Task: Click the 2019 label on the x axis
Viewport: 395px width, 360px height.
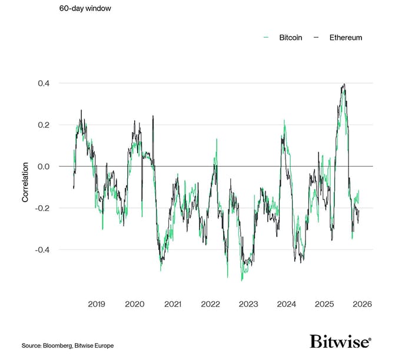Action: (x=97, y=304)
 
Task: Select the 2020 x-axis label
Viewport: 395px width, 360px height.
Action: (x=135, y=304)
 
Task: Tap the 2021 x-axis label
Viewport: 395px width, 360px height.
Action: (x=172, y=304)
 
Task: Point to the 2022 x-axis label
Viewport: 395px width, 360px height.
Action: (x=210, y=304)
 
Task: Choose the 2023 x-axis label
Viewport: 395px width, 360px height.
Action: (x=248, y=304)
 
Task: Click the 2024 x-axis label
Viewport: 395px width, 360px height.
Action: (x=286, y=304)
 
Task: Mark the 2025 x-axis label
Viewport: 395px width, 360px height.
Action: (x=324, y=304)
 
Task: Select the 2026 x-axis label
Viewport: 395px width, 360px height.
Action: (x=362, y=304)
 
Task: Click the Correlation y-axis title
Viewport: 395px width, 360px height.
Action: (x=25, y=183)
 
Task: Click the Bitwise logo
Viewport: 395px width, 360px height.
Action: (x=340, y=341)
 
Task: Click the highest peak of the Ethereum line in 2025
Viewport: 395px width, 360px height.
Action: (x=344, y=84)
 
